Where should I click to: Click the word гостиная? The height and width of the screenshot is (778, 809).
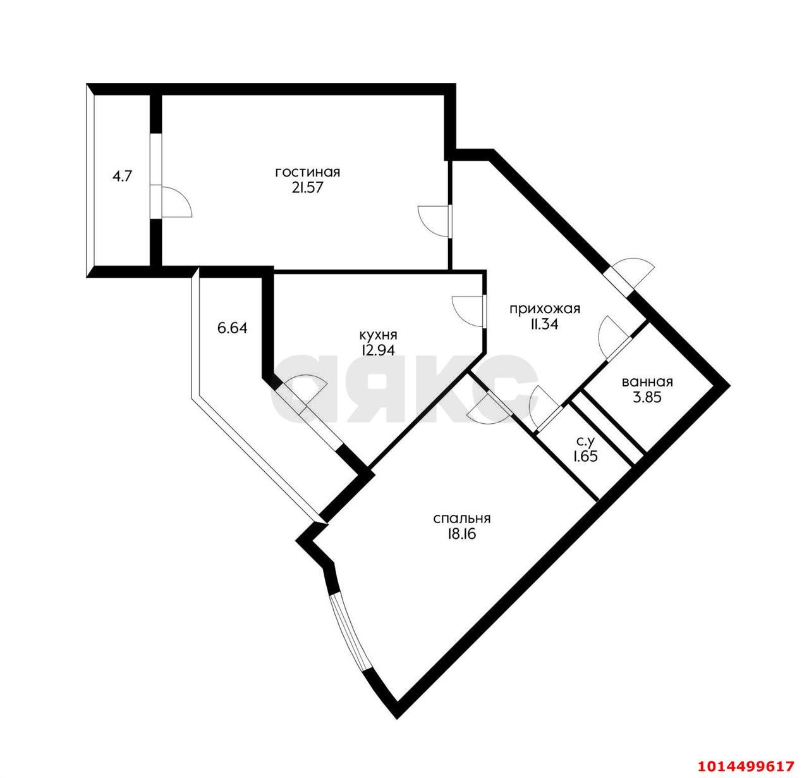pos(308,172)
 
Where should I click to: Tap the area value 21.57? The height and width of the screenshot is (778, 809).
pos(308,188)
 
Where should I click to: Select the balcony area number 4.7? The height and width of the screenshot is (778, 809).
pos(122,176)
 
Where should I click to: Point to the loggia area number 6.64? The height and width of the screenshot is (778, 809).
pos(233,328)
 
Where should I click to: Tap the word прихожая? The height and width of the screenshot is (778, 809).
pos(545,309)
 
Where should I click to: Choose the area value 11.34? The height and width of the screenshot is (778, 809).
pos(545,324)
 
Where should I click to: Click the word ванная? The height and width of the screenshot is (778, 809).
pos(647,381)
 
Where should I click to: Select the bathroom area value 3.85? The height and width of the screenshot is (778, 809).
pos(647,398)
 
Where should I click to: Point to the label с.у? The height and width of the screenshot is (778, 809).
pos(585,440)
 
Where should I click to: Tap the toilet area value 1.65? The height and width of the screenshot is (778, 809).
pos(585,457)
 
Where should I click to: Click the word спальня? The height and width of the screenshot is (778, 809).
pos(462,519)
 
